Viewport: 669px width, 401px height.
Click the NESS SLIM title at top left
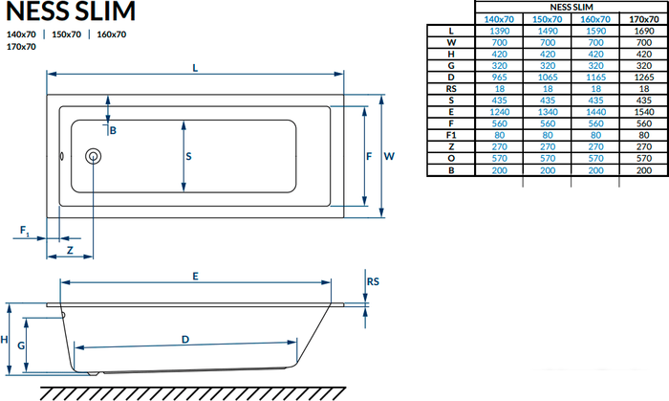click(x=71, y=11)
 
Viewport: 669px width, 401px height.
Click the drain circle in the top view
click(x=93, y=156)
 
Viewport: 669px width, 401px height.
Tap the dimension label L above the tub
click(x=195, y=68)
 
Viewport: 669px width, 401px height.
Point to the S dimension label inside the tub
click(x=188, y=156)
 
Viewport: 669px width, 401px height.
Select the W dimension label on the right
click(x=389, y=156)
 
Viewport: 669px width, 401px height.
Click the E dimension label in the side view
click(x=195, y=277)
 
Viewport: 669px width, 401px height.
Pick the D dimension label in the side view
click(x=185, y=340)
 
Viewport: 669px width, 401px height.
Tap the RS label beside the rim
click(x=373, y=282)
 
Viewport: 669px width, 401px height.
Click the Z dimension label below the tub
click(x=70, y=250)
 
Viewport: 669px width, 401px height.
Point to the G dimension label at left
click(x=21, y=345)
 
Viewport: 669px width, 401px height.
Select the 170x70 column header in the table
click(x=644, y=19)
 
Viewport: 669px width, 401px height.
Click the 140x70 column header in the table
click(x=499, y=19)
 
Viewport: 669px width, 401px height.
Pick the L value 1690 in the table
click(x=644, y=31)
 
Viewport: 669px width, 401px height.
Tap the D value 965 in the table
click(x=499, y=78)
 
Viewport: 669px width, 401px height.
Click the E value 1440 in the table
click(x=595, y=112)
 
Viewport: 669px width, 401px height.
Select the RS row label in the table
click(x=451, y=89)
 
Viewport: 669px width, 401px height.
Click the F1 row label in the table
click(x=451, y=135)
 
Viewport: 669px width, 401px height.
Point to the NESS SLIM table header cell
click(x=572, y=8)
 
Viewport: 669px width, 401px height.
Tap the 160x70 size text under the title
click(x=112, y=34)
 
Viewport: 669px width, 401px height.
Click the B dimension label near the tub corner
click(x=113, y=130)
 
